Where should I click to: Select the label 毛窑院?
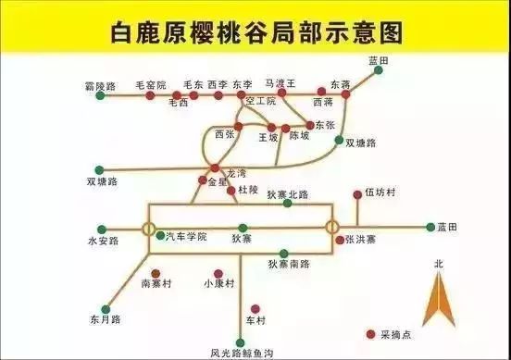click(x=151, y=84)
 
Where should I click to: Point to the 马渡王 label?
click(x=279, y=83)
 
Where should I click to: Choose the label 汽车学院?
click(x=187, y=237)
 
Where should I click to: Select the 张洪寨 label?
click(x=361, y=240)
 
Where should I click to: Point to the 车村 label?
click(x=255, y=320)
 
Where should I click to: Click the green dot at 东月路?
click(x=106, y=307)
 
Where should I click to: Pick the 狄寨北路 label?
click(x=287, y=195)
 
